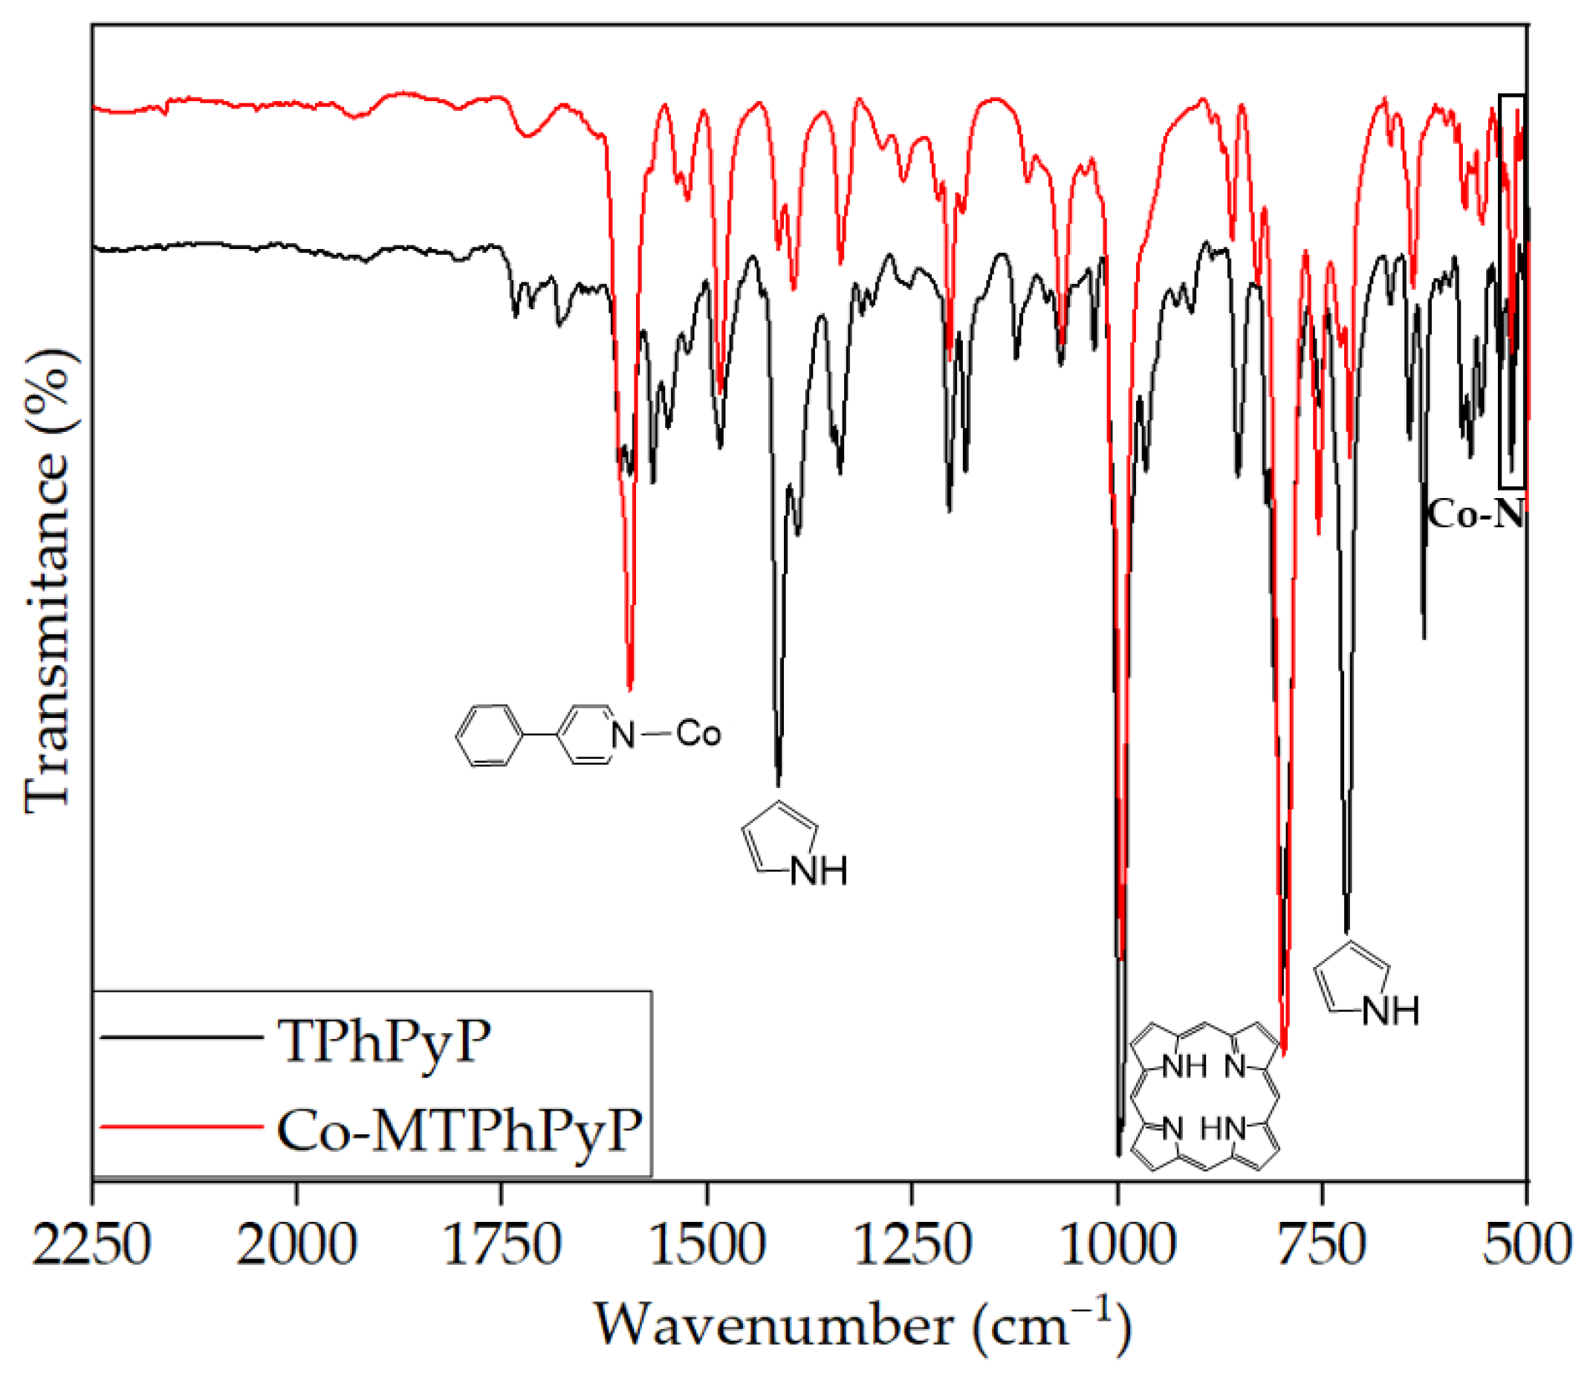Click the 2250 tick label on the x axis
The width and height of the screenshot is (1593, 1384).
[91, 1246]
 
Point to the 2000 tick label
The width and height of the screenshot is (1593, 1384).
[296, 1246]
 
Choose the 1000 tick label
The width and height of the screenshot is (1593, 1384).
[1117, 1246]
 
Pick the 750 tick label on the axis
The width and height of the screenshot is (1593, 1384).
[1322, 1246]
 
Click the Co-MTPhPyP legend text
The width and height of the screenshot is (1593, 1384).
[458, 1131]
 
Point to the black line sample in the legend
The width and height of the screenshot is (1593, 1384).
[181, 1037]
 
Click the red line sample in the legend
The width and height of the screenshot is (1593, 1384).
[181, 1127]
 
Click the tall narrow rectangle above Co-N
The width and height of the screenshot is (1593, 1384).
[1511, 292]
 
